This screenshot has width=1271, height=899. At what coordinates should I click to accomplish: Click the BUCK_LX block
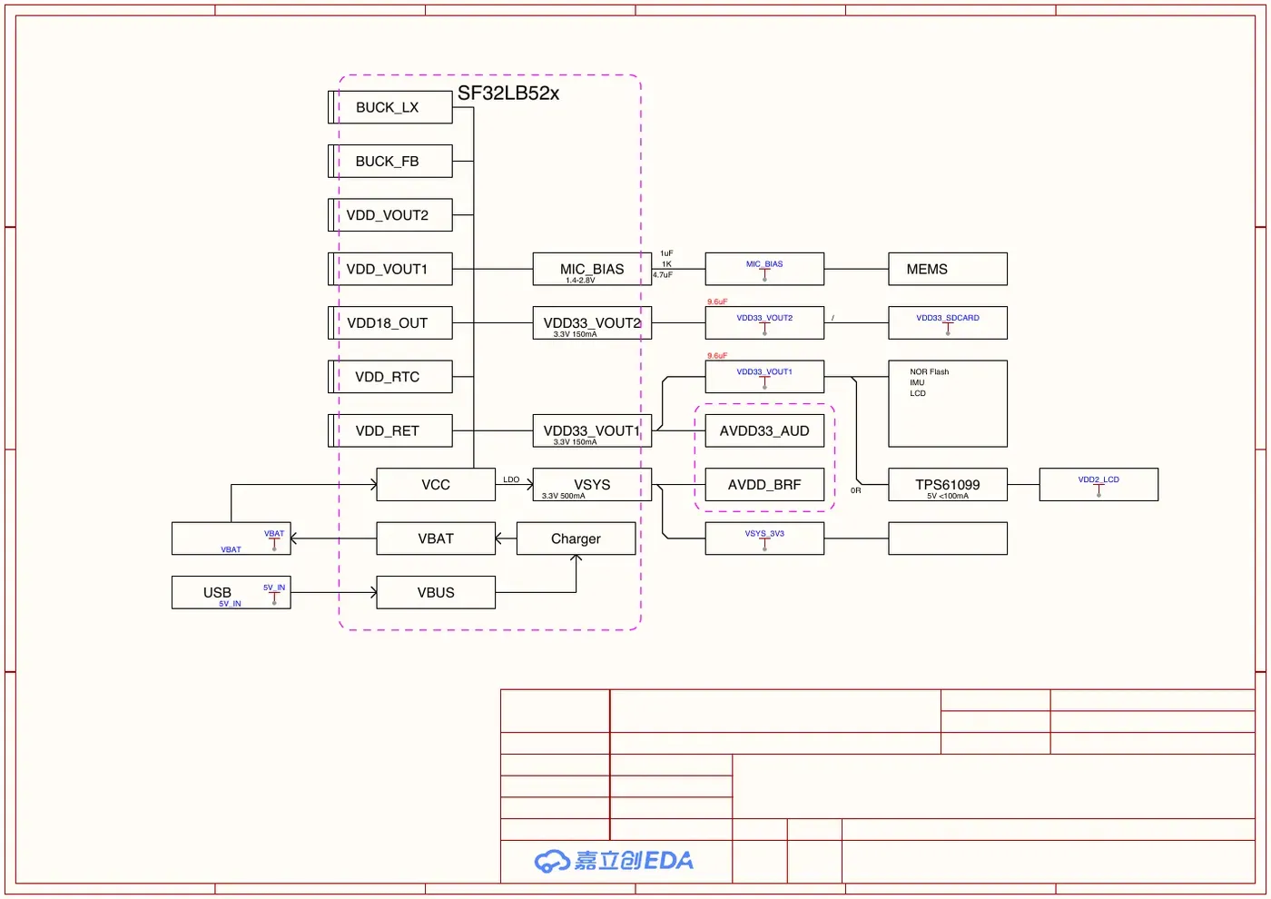click(x=390, y=107)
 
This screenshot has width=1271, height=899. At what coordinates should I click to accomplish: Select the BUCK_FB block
click(x=390, y=162)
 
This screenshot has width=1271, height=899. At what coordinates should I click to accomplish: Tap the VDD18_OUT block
click(x=390, y=323)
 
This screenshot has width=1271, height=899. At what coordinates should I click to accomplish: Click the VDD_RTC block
click(x=390, y=377)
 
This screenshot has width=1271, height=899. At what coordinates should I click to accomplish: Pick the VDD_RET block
click(x=390, y=430)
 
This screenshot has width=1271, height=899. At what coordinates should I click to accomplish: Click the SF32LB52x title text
click(x=508, y=93)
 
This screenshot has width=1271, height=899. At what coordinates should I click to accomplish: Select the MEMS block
click(x=948, y=269)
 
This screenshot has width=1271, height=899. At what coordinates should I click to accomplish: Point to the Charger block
click(x=576, y=538)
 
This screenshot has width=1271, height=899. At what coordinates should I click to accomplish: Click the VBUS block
click(x=436, y=592)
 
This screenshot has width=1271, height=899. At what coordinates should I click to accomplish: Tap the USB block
click(x=232, y=592)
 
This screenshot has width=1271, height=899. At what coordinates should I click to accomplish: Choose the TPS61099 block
click(x=948, y=485)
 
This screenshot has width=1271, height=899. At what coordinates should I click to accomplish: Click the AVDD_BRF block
click(x=764, y=485)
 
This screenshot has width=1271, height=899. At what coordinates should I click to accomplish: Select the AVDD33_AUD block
click(x=764, y=430)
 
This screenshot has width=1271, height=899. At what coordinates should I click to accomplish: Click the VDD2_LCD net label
click(x=1099, y=479)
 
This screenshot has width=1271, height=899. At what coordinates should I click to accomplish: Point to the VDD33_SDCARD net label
click(x=948, y=318)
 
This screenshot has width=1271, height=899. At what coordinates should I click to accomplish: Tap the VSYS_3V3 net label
click(x=764, y=534)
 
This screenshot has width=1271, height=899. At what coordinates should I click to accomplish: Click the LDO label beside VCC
click(x=511, y=479)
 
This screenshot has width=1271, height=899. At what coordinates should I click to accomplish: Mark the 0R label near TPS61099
click(x=855, y=490)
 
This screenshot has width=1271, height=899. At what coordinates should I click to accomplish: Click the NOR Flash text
click(x=930, y=371)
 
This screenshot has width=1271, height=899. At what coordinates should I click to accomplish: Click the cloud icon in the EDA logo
click(x=552, y=861)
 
